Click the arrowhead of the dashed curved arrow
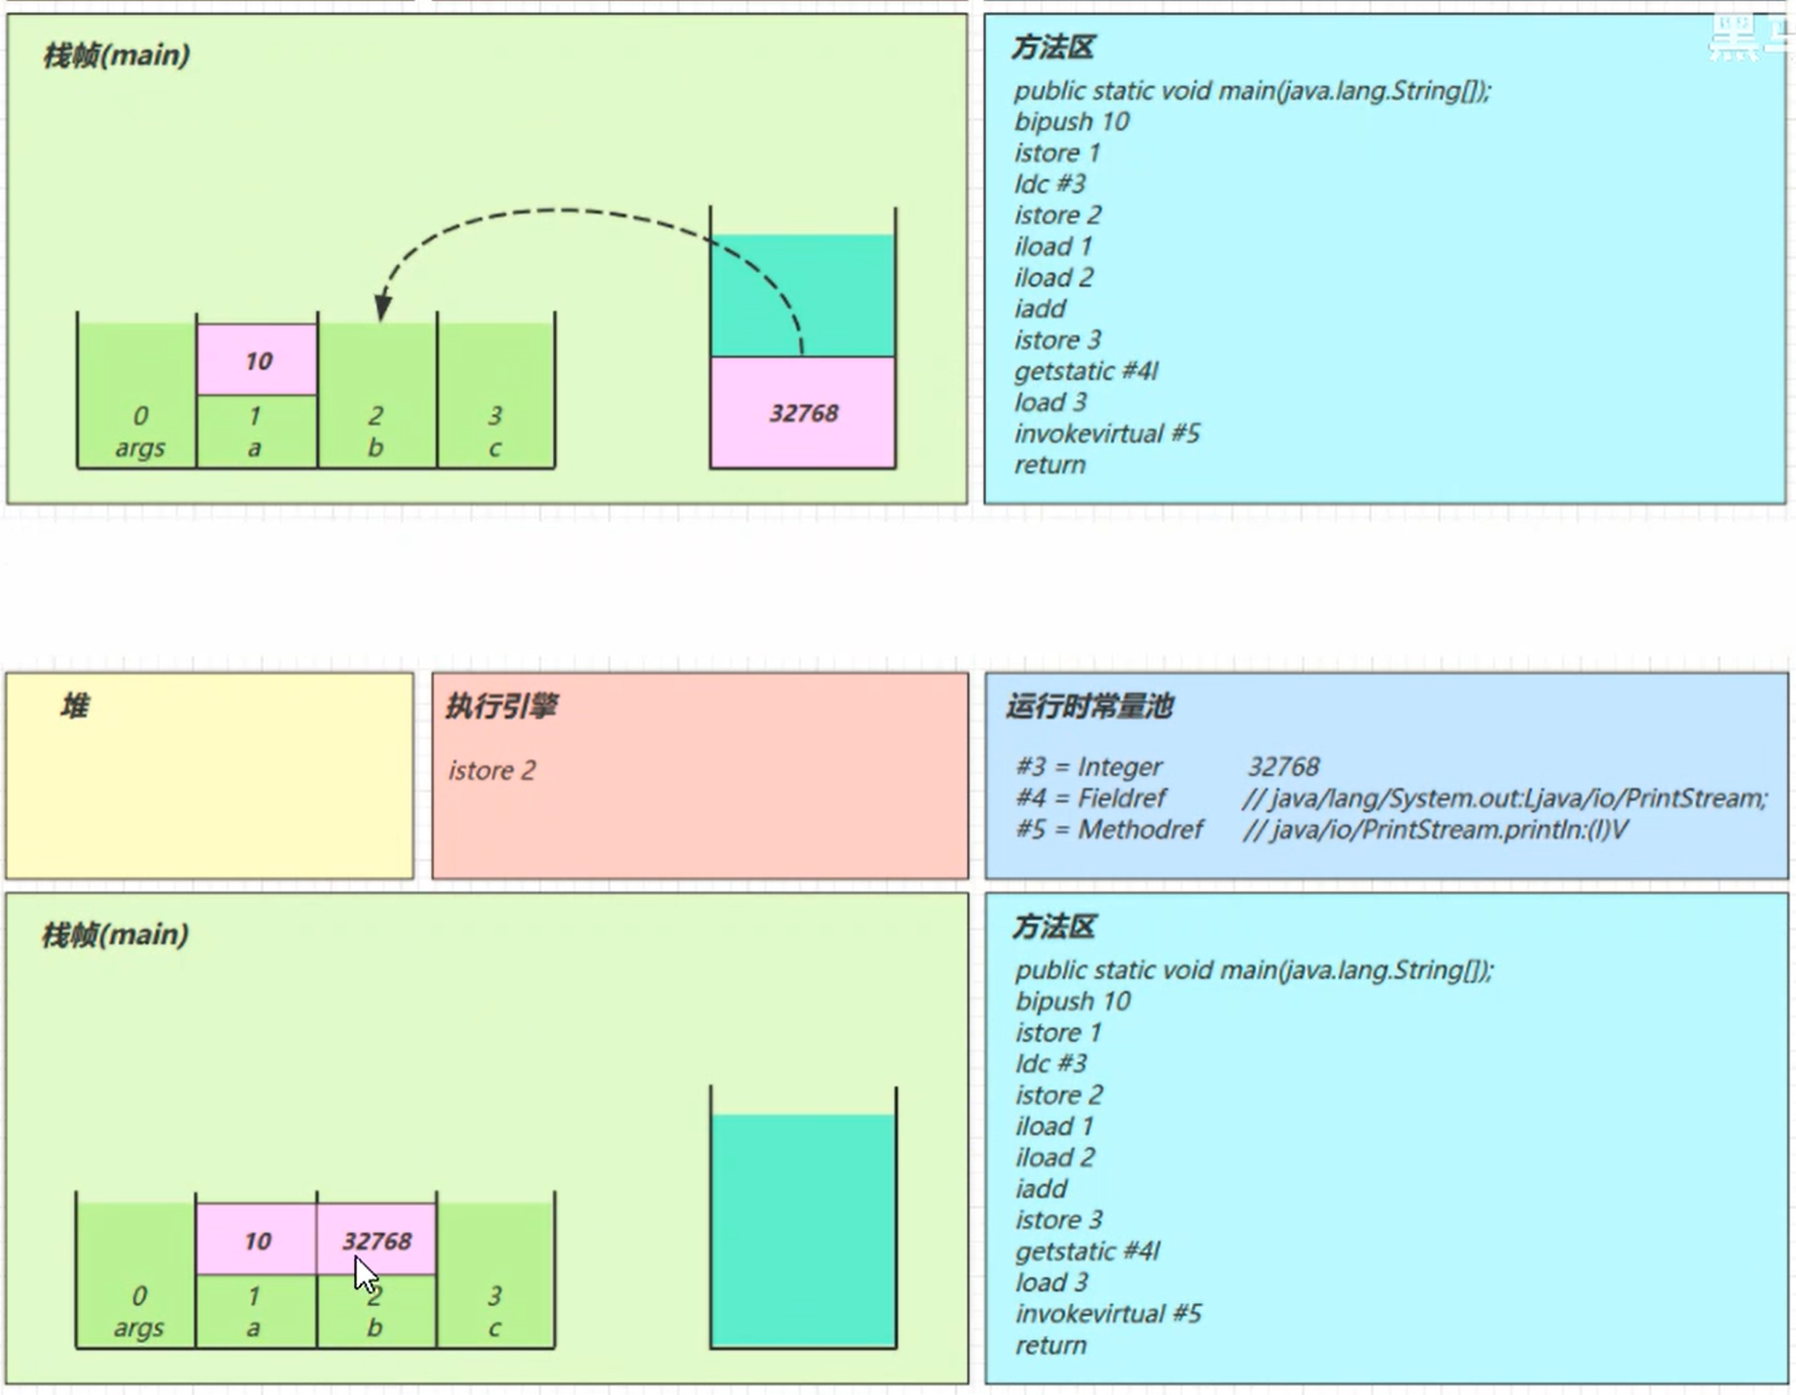pos(383,308)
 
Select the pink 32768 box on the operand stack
pos(803,412)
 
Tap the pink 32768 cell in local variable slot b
pos(377,1239)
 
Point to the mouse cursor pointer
pos(365,1275)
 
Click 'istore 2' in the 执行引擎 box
pos(492,771)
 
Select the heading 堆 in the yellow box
pos(74,706)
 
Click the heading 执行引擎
pos(502,706)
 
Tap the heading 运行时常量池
pos(1089,706)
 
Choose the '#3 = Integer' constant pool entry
pos(1089,767)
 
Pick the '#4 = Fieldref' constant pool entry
pos(1090,798)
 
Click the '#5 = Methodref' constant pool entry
pos(1109,829)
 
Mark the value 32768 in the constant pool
pos(1283,767)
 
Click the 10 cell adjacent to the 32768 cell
pos(258,1239)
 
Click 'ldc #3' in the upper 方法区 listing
pos(1050,184)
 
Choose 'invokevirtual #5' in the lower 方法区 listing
pos(1108,1313)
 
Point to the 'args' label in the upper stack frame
pos(139,448)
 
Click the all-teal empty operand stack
pos(803,1229)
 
